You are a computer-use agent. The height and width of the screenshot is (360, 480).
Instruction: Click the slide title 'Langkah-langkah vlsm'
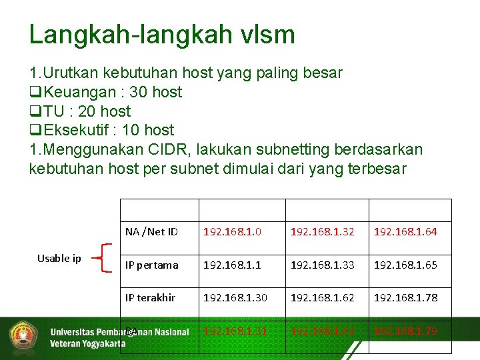coord(162,35)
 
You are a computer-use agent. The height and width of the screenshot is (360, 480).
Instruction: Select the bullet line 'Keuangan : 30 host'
coord(105,92)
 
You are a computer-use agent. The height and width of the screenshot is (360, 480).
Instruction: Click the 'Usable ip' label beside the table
coord(59,259)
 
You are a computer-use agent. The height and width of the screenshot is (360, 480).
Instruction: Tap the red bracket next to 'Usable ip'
coord(101,258)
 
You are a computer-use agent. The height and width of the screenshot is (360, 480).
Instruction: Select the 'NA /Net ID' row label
coord(151,232)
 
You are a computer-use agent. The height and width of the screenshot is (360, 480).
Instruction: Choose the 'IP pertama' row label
coord(152,265)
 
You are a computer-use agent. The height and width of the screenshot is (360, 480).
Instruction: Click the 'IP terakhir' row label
coord(151,297)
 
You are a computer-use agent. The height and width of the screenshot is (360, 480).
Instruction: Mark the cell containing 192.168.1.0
coord(233,232)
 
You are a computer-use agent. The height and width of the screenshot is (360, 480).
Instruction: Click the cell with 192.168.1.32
coord(322,232)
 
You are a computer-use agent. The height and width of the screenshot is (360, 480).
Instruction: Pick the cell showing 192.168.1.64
coord(405,232)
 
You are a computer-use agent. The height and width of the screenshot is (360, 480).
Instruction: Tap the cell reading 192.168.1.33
coord(322,265)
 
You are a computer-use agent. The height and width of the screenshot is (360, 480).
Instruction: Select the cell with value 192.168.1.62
coord(322,297)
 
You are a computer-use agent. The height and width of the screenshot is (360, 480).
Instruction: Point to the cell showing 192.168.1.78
coord(405,297)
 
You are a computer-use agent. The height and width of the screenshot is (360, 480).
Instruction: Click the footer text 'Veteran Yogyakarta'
coord(87,344)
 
